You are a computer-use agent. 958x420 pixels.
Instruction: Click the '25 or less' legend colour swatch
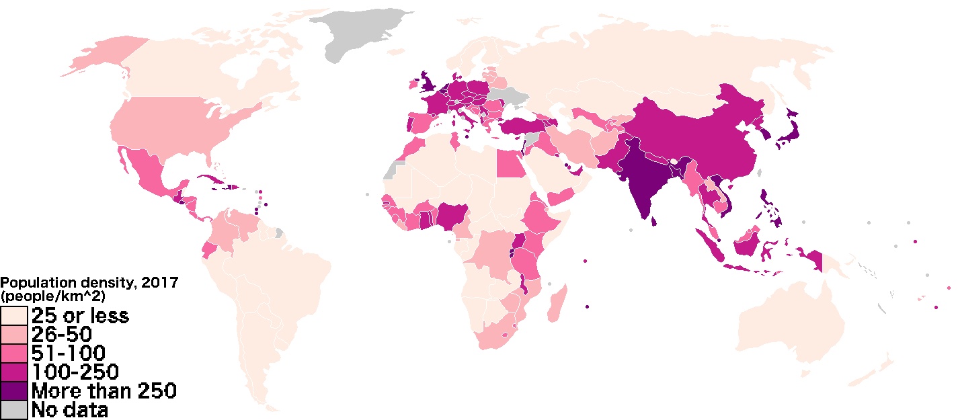tap(13, 315)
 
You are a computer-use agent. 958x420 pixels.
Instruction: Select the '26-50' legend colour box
tap(13, 334)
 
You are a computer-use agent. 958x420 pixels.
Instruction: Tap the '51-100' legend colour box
tap(13, 353)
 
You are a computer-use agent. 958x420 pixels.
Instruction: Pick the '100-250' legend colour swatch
tap(13, 372)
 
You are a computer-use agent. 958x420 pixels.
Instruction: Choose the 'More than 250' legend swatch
tap(13, 390)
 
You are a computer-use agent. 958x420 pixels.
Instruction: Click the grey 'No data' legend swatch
tap(13, 409)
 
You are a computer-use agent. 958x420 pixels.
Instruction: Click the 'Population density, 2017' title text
tap(89, 283)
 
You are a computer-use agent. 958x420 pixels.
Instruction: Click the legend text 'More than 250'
tap(104, 390)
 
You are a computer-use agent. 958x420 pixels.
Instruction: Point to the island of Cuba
tap(208, 182)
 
